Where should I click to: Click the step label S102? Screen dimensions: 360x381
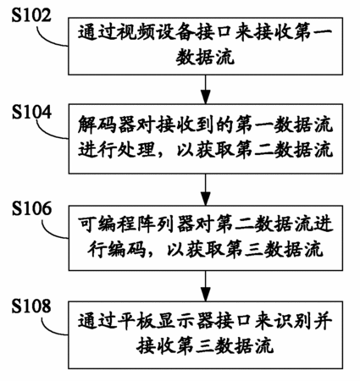31,15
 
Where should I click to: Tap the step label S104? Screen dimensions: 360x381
31,112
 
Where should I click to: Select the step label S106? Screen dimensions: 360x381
31,208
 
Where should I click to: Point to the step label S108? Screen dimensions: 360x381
31,306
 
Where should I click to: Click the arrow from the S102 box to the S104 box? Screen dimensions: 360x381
206,89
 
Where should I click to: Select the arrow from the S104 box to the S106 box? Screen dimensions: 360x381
206,189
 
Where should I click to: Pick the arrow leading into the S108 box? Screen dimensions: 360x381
206,285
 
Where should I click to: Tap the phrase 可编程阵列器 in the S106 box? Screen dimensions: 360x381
136,224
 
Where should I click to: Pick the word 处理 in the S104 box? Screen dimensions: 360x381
136,149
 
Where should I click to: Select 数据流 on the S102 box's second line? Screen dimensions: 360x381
205,58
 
